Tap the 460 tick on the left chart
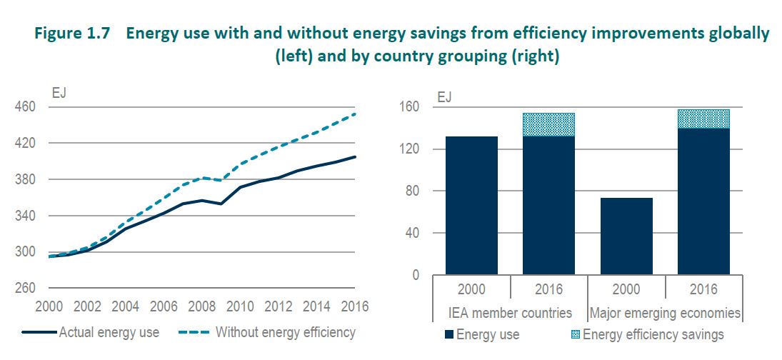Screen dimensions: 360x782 [24, 107]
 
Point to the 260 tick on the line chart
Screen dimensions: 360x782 [24, 289]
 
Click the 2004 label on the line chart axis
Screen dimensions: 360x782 [126, 307]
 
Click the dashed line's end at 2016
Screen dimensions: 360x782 [356, 114]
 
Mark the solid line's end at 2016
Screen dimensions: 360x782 [356, 156]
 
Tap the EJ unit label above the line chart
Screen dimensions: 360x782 [58, 91]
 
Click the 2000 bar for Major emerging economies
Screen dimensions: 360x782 [626, 236]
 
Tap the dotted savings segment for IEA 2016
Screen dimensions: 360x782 [548, 124]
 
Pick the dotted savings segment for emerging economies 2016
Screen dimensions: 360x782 [703, 119]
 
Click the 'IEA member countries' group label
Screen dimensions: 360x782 [510, 313]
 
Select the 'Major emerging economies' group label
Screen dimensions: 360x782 [664, 313]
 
